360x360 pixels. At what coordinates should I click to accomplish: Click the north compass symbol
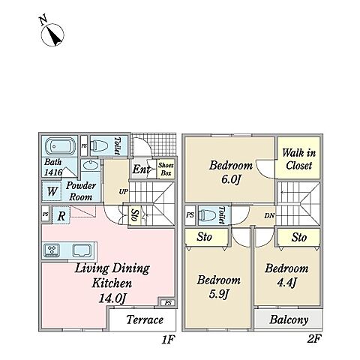(x=52, y=34)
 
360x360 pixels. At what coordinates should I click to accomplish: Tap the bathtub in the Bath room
(x=60, y=146)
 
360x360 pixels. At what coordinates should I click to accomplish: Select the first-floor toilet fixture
(x=99, y=145)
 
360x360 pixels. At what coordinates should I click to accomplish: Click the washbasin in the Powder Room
(x=91, y=165)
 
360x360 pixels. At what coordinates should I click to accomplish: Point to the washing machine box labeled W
(x=52, y=191)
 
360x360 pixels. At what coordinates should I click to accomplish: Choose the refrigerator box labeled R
(x=61, y=215)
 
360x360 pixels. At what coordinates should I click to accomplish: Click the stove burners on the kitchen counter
(x=52, y=250)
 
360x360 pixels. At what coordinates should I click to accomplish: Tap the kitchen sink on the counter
(x=82, y=250)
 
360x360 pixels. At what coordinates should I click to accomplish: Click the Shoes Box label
(x=166, y=169)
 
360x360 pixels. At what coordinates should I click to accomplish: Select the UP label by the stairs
(x=124, y=192)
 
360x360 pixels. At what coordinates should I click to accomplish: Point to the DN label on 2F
(x=269, y=215)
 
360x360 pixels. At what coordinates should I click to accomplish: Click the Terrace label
(x=145, y=319)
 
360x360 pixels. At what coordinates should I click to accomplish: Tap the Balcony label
(x=289, y=320)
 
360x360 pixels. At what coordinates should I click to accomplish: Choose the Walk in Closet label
(x=299, y=159)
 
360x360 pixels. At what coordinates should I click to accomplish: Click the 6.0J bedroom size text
(x=231, y=179)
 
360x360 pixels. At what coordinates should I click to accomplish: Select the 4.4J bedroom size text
(x=286, y=283)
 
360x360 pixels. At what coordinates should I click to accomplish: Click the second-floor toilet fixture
(x=208, y=214)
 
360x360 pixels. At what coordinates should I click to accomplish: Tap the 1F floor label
(x=168, y=340)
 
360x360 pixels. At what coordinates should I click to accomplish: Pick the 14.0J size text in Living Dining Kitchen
(x=112, y=298)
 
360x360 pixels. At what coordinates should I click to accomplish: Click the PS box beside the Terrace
(x=168, y=303)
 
